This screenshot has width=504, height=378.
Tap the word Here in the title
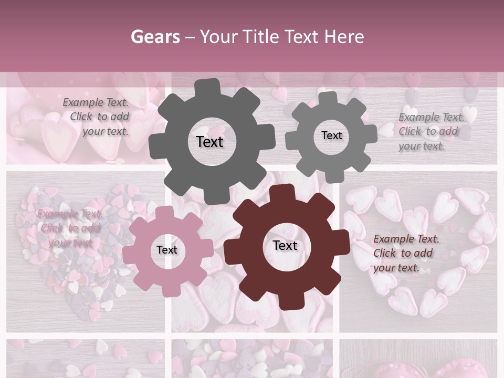coord(344,37)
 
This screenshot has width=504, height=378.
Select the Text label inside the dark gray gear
coord(210,142)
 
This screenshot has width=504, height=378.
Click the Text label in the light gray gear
coord(331,135)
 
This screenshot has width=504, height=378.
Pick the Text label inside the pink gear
coord(167,250)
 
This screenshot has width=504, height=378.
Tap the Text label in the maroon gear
coord(285,246)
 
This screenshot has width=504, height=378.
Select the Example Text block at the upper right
coord(430,132)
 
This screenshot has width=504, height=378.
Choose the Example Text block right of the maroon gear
coord(405,253)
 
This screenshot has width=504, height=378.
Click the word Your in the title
coord(220,37)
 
